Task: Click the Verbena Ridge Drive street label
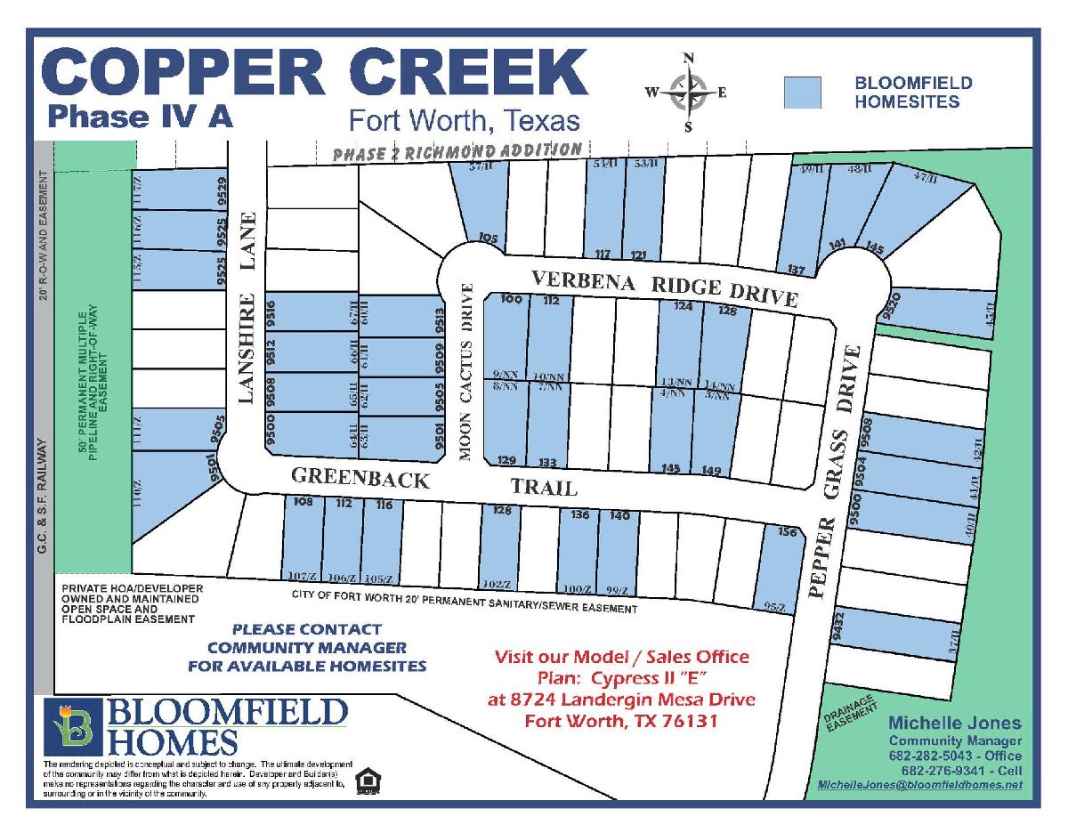(x=663, y=288)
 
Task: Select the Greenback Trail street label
(x=434, y=482)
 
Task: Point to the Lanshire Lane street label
(x=247, y=307)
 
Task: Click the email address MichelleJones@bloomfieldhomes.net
(x=919, y=784)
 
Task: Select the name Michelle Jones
(x=954, y=723)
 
